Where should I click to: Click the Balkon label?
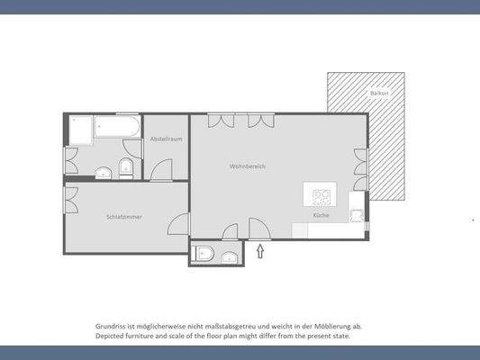pyautogui.click(x=380, y=93)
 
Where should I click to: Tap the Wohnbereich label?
pyautogui.click(x=248, y=166)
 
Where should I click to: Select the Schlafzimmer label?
pyautogui.click(x=123, y=217)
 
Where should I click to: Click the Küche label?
pyautogui.click(x=321, y=216)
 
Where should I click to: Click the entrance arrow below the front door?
pyautogui.click(x=261, y=251)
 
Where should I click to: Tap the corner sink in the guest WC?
pyautogui.click(x=230, y=258)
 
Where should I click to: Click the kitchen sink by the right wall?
pyautogui.click(x=358, y=215)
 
